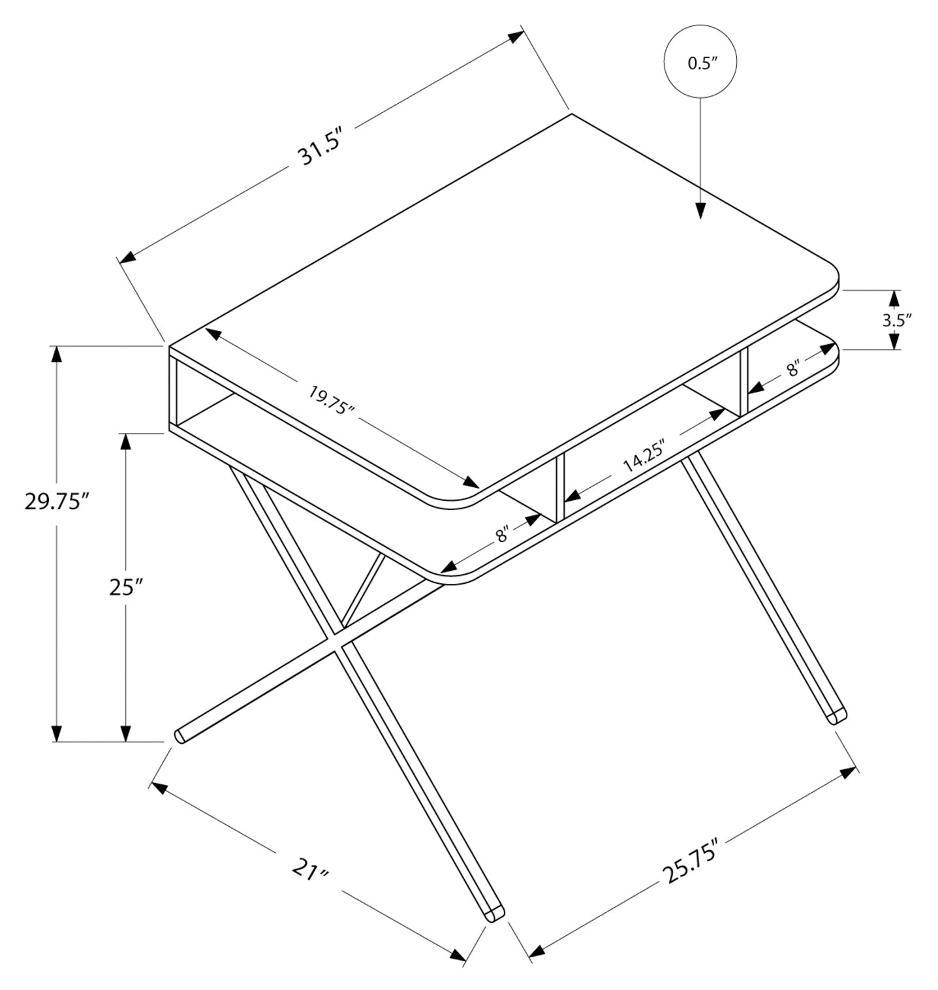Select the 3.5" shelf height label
coord(896,321)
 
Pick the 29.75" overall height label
coord(56,502)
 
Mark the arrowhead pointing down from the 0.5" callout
coord(700,210)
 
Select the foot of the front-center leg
coord(494,913)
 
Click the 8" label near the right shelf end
coord(793,370)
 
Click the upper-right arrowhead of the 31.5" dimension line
coord(513,37)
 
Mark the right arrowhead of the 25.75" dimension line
coord(849,773)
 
